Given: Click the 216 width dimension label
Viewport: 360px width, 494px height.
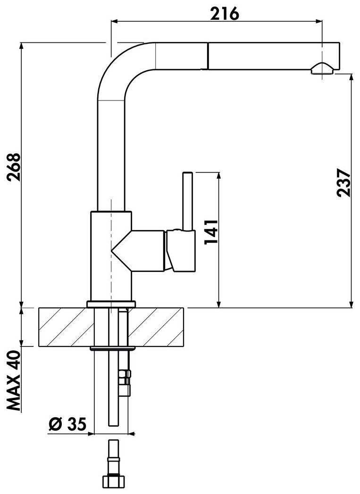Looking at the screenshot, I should point(225,14).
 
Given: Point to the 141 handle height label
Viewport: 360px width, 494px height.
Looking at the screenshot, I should point(211,231).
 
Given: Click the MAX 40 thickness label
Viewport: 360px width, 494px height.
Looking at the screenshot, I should point(14,381).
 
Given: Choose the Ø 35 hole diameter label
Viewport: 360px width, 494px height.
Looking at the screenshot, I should point(67,425).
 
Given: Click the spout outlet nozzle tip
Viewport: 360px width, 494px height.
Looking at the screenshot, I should point(323,69).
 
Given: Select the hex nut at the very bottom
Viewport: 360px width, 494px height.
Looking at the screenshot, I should point(114,482).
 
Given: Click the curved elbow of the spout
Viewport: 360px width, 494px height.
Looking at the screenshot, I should point(118,66).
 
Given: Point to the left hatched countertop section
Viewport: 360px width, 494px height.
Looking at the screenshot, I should point(64,327).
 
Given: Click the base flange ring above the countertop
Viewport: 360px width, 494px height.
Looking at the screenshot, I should point(111,304).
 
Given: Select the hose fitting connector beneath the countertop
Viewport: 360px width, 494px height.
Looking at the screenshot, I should point(126,382).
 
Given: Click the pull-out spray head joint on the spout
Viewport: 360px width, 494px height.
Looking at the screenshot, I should point(206,56).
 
